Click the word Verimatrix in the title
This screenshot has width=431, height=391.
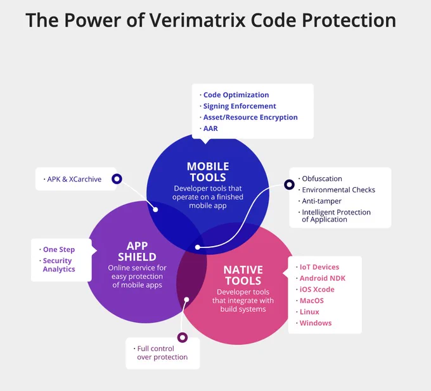tap(197, 20)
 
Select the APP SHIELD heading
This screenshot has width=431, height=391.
tap(137, 251)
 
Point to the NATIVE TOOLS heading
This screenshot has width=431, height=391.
tap(243, 275)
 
